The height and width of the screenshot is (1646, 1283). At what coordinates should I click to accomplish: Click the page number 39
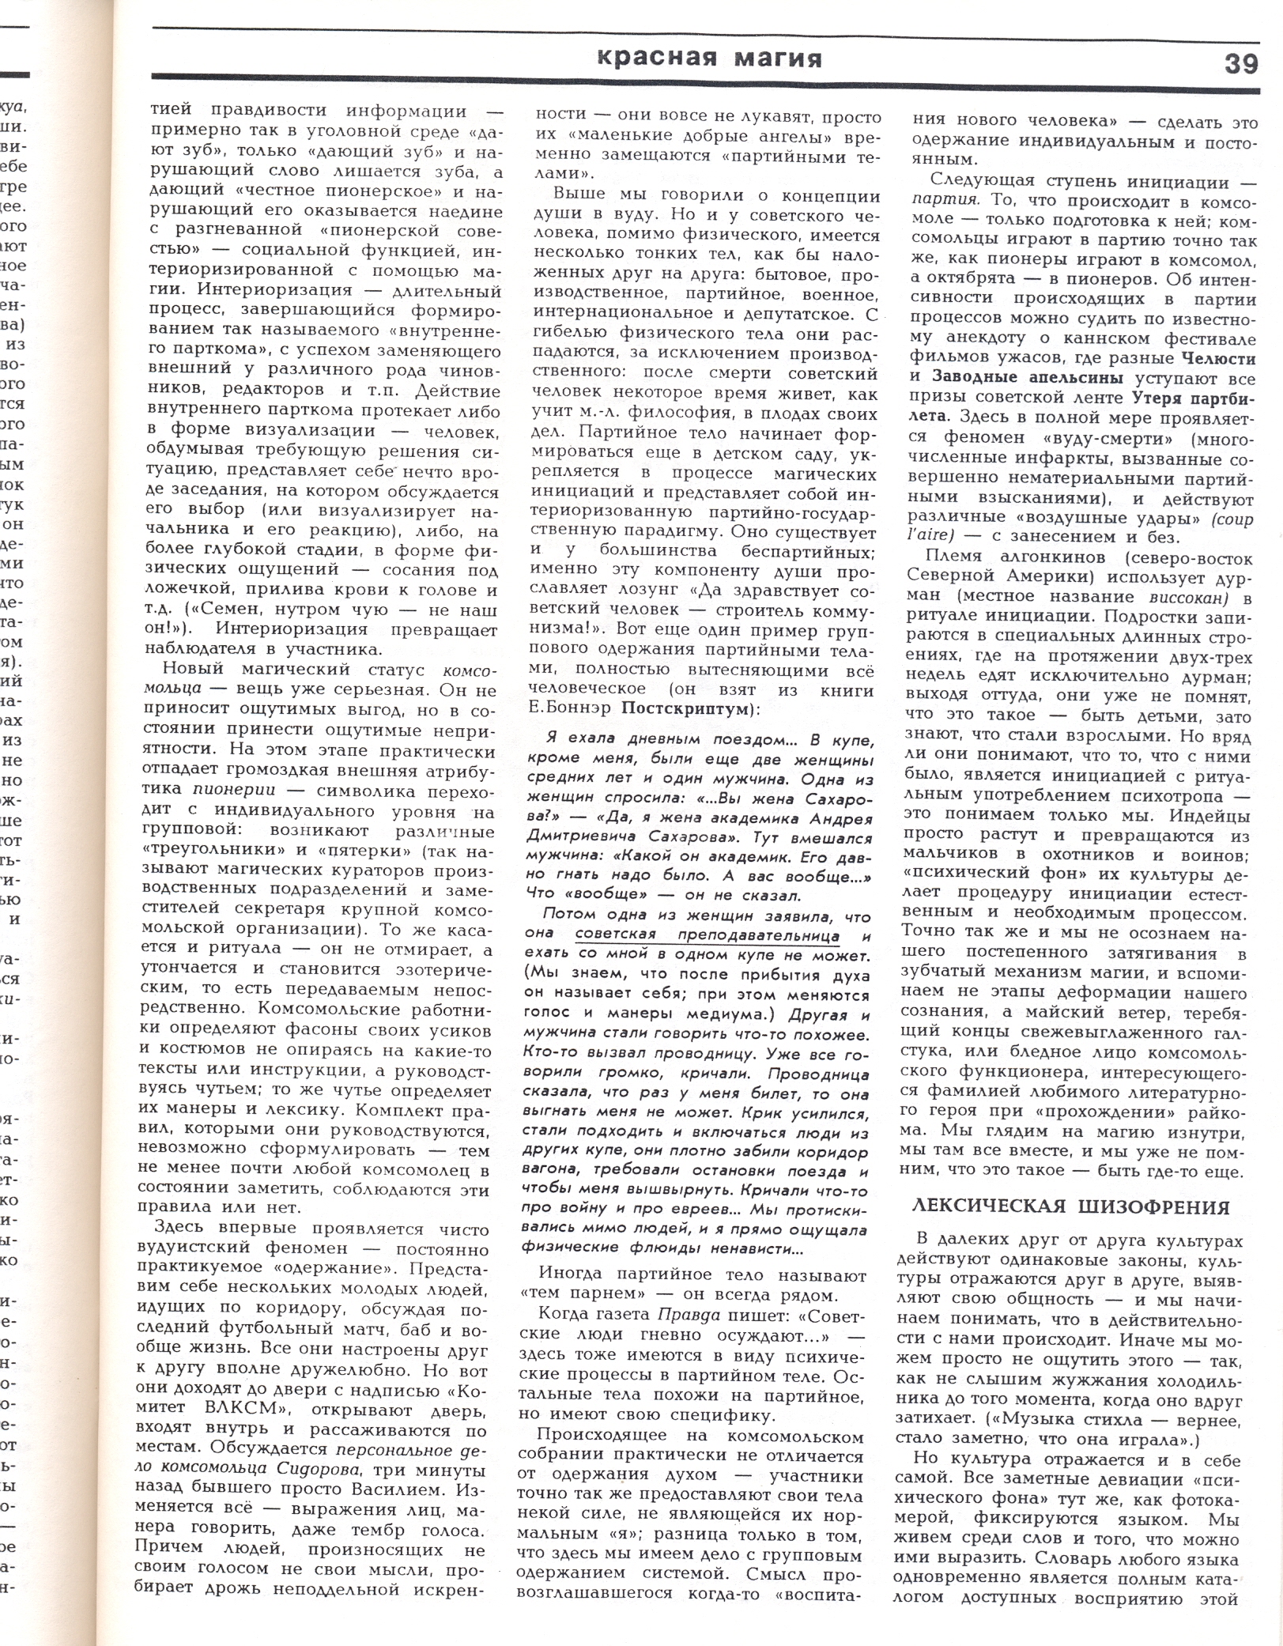(x=1241, y=62)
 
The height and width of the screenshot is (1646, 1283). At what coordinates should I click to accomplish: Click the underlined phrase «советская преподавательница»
(x=707, y=936)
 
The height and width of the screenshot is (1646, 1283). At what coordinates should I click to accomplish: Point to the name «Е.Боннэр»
(x=568, y=709)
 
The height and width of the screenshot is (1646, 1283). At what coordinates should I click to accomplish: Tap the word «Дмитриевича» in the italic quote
(x=573, y=838)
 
